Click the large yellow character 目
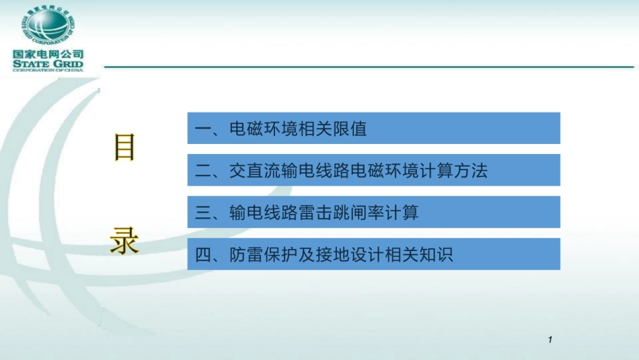124,147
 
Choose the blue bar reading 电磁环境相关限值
373,129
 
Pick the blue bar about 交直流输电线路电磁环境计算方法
373,170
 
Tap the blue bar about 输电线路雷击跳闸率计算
373,213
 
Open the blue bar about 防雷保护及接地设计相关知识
373,254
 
